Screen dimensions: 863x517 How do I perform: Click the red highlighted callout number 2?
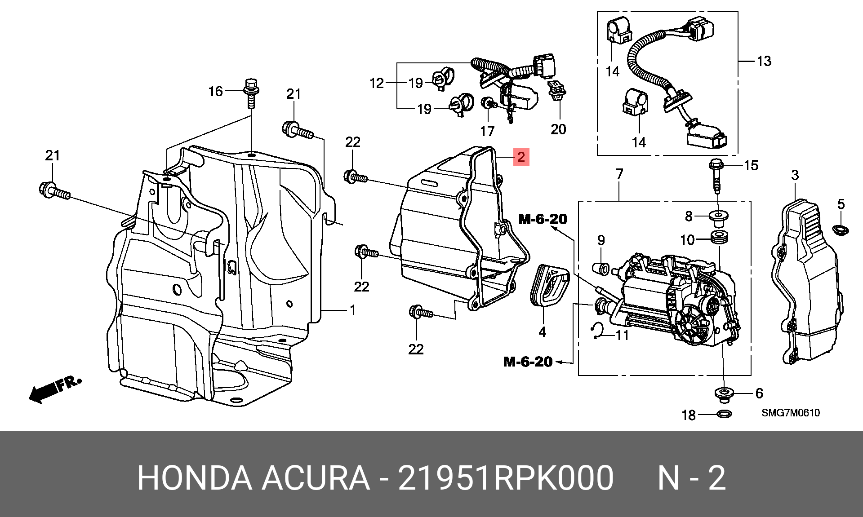(521, 157)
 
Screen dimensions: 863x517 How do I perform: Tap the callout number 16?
(216, 91)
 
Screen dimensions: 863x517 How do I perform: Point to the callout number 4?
(543, 332)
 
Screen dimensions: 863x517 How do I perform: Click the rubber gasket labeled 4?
(551, 286)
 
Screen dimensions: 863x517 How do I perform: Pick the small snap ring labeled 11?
(596, 331)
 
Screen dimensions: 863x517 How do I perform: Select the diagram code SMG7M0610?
(790, 413)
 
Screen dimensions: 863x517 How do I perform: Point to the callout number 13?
(764, 61)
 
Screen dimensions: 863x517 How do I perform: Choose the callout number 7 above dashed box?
(619, 173)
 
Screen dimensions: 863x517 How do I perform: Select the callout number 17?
(487, 131)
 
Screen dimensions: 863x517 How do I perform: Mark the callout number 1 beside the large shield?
(353, 310)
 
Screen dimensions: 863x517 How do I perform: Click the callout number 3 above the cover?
(795, 175)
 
